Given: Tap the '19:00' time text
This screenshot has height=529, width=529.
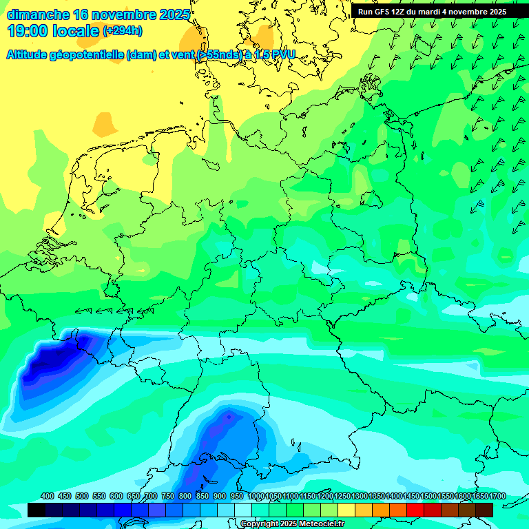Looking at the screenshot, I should (27, 32).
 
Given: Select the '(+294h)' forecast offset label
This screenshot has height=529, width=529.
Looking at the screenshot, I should (123, 31).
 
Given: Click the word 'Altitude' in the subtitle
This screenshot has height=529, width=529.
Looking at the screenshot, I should (32, 54).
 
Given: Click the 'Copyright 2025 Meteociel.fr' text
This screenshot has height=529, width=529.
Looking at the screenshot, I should (292, 523).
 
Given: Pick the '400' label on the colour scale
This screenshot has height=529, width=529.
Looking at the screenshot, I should (48, 496).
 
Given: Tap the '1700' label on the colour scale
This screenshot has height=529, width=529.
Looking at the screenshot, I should (479, 496).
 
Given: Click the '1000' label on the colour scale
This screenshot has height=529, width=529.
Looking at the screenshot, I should (256, 496).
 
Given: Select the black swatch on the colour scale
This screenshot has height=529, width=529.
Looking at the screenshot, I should (37, 510).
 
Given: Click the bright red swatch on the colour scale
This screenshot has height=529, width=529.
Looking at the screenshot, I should (415, 510).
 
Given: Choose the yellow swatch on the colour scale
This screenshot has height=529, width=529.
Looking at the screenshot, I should (346, 510).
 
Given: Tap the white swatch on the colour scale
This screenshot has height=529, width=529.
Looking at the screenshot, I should (243, 510).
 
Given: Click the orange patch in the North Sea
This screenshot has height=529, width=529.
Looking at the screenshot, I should (105, 124).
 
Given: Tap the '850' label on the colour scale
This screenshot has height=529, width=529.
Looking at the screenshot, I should (203, 496).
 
